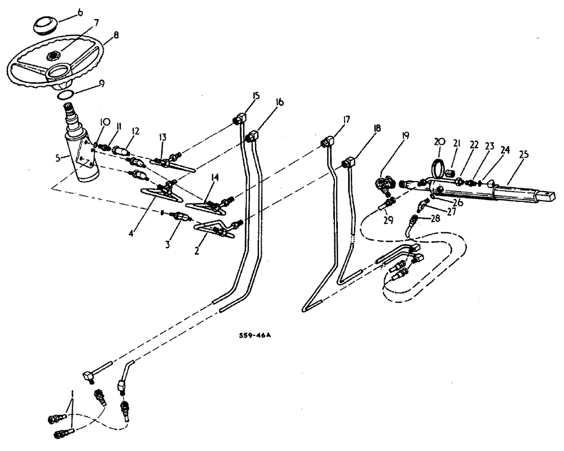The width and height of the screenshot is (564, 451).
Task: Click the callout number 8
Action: (x=115, y=35)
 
